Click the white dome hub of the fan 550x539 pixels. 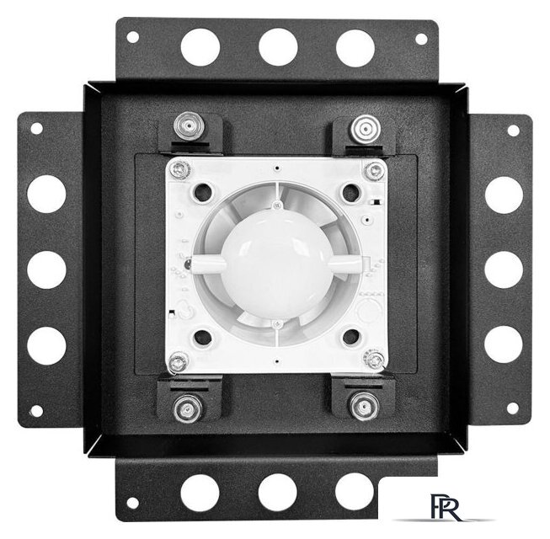tap(277, 266)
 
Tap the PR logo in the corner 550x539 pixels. tap(446, 507)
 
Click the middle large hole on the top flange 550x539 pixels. tap(278, 47)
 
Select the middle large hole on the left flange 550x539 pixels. tap(46, 269)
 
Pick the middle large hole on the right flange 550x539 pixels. tap(504, 269)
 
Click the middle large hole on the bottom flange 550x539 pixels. tap(278, 493)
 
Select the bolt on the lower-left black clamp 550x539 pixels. tap(188, 408)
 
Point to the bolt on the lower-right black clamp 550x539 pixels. tap(365, 407)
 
